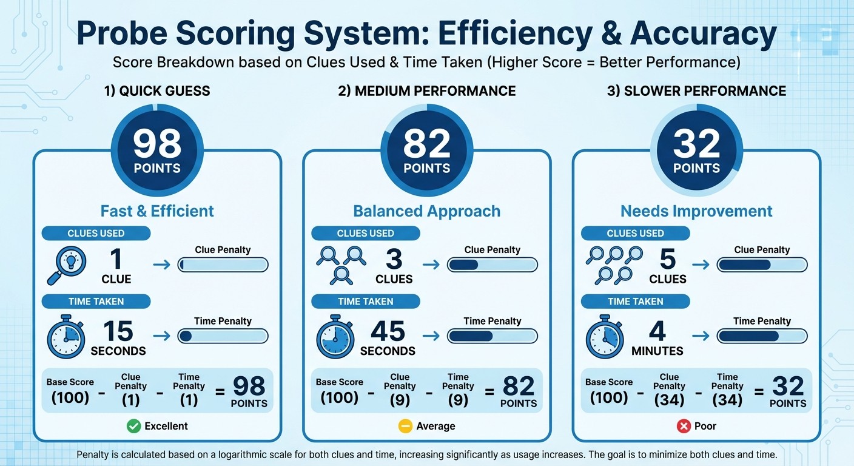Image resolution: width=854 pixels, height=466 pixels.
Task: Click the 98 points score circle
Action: click(157, 151)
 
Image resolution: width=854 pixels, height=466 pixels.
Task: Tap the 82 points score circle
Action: click(426, 151)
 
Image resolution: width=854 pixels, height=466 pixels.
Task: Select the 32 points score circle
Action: click(696, 151)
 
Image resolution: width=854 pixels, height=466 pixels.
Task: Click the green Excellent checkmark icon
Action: click(133, 426)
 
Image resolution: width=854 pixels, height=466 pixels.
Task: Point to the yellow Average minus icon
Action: click(405, 426)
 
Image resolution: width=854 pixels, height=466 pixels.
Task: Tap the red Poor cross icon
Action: click(684, 426)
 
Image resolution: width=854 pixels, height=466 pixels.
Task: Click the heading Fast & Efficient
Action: click(157, 211)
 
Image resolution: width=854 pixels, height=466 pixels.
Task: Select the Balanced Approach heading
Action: click(426, 211)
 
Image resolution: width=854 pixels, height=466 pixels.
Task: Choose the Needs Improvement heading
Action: click(696, 211)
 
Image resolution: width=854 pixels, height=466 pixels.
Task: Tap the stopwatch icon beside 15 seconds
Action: click(66, 336)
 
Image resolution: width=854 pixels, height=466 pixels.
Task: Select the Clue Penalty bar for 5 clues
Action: click(762, 265)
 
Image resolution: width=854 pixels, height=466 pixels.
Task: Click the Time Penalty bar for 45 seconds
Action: click(492, 336)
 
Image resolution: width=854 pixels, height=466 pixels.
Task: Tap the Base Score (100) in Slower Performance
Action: click(609, 391)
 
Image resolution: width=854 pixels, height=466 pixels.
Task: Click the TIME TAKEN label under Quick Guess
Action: click(96, 302)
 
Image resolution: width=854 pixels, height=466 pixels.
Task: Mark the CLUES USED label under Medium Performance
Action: click(365, 234)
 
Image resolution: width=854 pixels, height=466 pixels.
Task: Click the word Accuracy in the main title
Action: click(703, 35)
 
